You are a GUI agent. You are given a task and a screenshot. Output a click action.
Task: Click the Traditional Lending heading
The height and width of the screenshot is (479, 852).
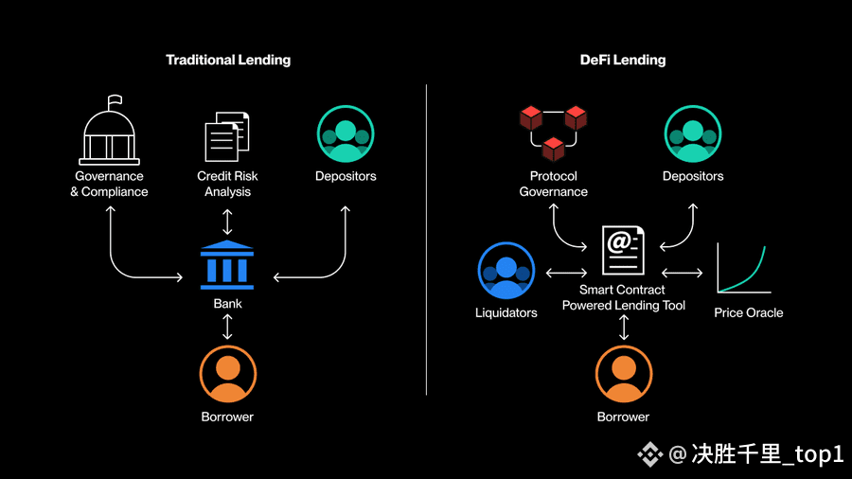[228, 60]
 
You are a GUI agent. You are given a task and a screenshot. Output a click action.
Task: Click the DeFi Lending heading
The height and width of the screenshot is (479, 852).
[622, 60]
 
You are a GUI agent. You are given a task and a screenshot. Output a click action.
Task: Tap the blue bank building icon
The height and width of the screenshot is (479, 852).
[227, 265]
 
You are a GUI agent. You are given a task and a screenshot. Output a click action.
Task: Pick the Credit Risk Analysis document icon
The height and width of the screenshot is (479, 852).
[227, 137]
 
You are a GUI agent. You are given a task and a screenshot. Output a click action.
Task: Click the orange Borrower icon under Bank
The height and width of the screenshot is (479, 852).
[227, 375]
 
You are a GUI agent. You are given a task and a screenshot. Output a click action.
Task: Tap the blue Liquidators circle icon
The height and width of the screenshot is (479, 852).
[506, 271]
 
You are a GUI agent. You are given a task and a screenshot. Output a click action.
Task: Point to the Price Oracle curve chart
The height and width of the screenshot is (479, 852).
[744, 269]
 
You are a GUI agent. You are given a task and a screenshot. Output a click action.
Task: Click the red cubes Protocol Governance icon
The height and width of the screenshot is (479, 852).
[553, 132]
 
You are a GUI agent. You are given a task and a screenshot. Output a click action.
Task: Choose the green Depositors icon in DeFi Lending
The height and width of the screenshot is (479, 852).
[693, 133]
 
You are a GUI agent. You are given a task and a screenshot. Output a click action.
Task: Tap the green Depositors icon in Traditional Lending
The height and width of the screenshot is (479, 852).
[346, 133]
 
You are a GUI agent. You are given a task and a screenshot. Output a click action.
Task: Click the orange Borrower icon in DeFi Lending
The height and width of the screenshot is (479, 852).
[624, 375]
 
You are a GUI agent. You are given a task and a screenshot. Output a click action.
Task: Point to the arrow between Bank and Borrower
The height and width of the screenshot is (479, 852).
[227, 327]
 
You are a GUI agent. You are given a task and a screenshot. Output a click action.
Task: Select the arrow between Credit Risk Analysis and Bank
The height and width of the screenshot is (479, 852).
[227, 222]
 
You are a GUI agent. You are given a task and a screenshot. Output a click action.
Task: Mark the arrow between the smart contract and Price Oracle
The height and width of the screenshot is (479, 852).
[683, 274]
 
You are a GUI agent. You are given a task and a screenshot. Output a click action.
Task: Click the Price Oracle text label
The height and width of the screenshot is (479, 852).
[749, 312]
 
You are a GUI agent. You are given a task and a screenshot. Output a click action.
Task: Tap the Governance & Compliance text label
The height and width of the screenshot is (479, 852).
[110, 184]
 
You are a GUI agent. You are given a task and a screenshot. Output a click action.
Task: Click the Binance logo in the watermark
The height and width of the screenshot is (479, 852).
[649, 455]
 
